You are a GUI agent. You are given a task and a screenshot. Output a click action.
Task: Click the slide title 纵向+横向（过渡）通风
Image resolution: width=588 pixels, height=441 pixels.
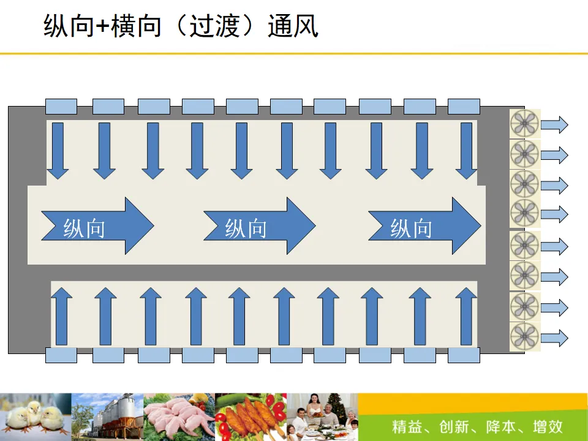181,28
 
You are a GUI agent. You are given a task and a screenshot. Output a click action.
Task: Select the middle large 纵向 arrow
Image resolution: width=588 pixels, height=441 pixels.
260,225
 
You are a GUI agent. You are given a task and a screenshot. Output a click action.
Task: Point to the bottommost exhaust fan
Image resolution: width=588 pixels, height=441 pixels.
525,337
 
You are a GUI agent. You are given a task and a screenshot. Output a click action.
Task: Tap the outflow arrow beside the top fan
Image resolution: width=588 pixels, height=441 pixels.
555,125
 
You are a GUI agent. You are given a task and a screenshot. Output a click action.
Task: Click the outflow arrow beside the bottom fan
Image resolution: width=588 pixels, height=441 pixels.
555,337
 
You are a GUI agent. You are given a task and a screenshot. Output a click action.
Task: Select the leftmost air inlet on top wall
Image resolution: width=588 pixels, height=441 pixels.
61,107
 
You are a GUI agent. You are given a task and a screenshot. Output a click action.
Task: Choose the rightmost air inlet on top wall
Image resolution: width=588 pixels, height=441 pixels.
464,107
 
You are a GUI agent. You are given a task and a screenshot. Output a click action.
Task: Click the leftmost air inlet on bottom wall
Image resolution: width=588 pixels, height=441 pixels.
61,355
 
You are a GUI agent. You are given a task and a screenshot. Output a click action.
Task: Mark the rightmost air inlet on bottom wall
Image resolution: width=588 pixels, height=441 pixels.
464,355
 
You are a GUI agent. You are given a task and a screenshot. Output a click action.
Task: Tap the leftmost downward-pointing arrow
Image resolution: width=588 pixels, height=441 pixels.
58,151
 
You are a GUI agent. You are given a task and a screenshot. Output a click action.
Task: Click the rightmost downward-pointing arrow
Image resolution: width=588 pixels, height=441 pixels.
467,151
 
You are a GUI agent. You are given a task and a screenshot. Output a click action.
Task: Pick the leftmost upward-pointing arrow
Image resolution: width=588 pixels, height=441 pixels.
61,316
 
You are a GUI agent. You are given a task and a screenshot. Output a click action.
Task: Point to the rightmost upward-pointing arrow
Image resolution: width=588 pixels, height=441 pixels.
467,316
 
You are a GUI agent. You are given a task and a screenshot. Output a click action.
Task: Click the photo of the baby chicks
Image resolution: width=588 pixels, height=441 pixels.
36,417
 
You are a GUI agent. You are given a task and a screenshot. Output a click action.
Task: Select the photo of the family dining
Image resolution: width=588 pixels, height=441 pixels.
322,417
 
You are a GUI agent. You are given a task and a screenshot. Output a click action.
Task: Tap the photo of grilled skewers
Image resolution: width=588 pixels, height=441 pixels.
251,417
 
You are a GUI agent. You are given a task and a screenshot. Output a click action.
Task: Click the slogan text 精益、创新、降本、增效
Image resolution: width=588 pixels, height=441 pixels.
477,426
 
